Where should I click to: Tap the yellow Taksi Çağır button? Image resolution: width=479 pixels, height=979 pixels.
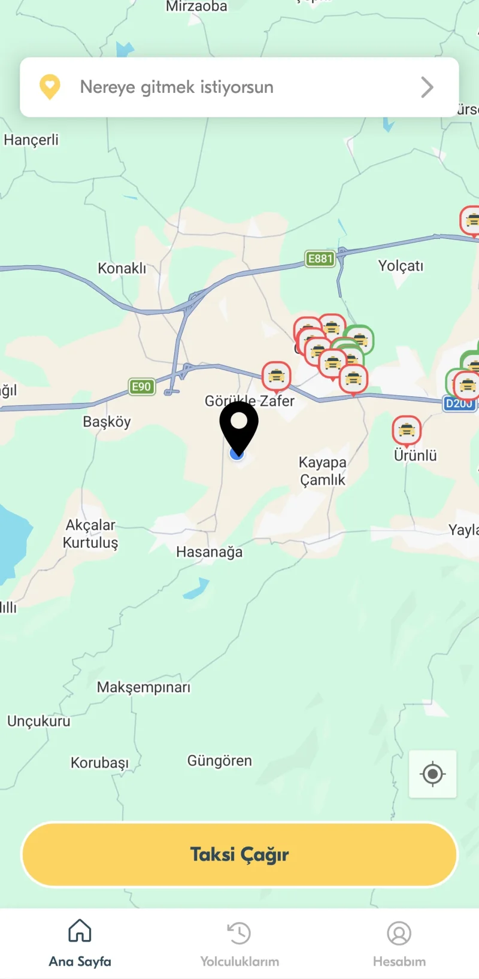pyautogui.click(x=239, y=854)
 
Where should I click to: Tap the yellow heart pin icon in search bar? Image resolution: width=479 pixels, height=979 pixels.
pyautogui.click(x=50, y=87)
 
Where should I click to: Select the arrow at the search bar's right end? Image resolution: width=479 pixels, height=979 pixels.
pyautogui.click(x=427, y=87)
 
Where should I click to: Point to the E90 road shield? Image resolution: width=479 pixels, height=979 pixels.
pyautogui.click(x=142, y=387)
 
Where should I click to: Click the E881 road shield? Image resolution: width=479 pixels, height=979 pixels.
pyautogui.click(x=320, y=259)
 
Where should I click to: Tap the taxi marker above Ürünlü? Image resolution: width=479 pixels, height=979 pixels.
pyautogui.click(x=407, y=430)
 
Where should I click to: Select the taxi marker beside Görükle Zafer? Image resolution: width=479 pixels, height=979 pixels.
pyautogui.click(x=277, y=376)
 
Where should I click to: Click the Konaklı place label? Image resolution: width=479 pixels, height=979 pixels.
pyautogui.click(x=122, y=268)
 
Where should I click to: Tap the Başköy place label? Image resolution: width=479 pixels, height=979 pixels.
pyautogui.click(x=107, y=422)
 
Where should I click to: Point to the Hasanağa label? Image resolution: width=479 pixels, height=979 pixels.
pyautogui.click(x=210, y=552)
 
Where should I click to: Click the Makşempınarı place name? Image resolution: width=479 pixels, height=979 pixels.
pyautogui.click(x=144, y=687)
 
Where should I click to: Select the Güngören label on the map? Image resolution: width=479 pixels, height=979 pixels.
pyautogui.click(x=220, y=761)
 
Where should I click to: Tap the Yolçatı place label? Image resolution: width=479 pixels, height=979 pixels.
pyautogui.click(x=401, y=266)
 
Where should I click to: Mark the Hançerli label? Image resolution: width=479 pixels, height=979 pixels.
pyautogui.click(x=31, y=140)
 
